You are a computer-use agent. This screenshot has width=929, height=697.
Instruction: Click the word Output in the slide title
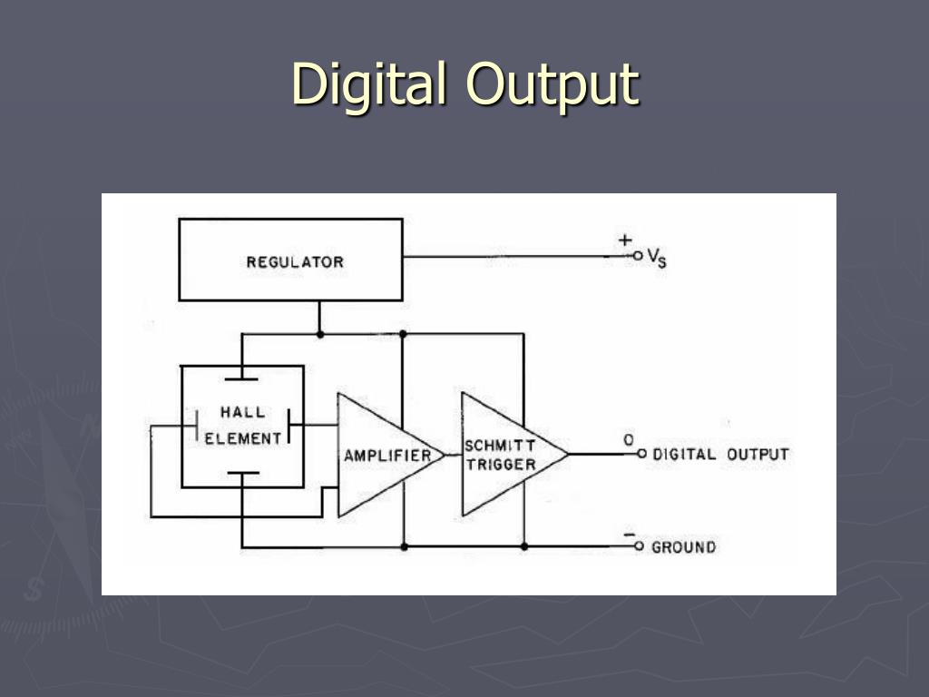click(x=553, y=84)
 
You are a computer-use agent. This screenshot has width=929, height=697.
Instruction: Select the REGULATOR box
click(x=290, y=260)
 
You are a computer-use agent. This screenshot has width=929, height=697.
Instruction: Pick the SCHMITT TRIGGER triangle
click(x=504, y=455)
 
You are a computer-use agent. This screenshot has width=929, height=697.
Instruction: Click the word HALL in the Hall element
click(x=243, y=412)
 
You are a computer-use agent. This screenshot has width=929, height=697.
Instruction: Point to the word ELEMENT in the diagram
click(x=243, y=438)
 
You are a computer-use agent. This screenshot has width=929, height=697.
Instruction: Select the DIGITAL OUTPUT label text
click(x=721, y=454)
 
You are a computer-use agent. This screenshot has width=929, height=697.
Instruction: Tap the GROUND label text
click(x=683, y=547)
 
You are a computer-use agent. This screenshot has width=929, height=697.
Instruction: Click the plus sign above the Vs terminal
click(x=625, y=241)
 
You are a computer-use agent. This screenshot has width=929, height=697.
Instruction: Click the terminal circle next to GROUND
click(x=639, y=547)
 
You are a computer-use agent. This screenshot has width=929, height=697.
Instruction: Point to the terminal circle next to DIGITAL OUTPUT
click(x=640, y=454)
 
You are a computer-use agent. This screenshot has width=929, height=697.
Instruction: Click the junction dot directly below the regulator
click(x=320, y=334)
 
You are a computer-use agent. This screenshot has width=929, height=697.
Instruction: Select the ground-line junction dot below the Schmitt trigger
click(x=524, y=547)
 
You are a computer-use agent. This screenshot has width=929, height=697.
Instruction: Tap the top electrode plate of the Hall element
click(x=242, y=378)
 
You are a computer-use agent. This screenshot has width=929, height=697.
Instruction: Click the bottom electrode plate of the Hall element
click(x=242, y=473)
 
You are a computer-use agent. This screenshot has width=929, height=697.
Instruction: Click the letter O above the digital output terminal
click(x=628, y=439)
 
